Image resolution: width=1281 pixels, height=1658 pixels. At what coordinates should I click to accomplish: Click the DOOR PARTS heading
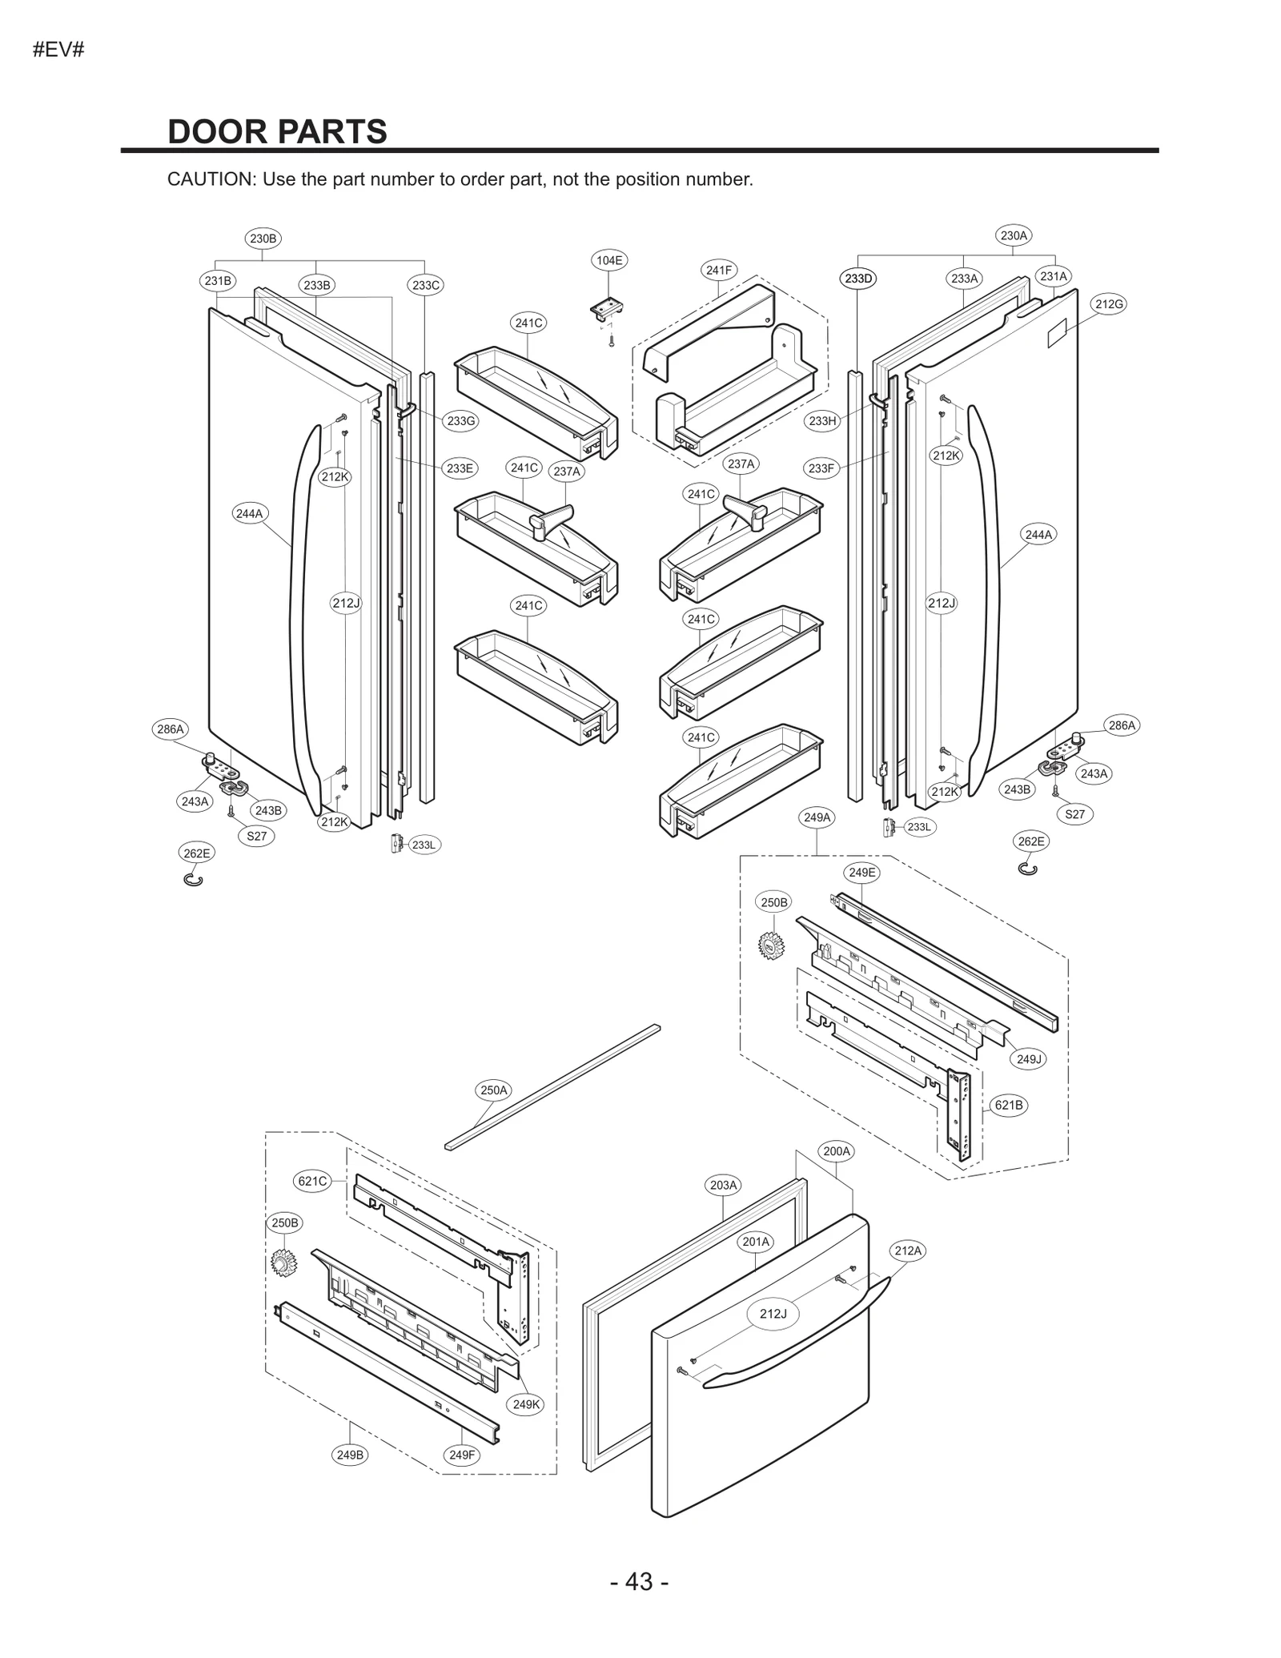[277, 132]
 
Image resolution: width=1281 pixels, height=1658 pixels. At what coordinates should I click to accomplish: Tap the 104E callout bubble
[609, 260]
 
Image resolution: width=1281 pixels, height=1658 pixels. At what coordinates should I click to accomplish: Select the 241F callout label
[719, 271]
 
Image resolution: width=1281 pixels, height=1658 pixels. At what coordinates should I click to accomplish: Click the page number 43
[639, 1581]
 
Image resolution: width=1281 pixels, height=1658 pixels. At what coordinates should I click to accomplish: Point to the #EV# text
[58, 50]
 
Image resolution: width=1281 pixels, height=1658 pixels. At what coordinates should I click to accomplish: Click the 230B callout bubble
[263, 238]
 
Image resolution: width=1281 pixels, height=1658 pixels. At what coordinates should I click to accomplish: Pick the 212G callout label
[1109, 304]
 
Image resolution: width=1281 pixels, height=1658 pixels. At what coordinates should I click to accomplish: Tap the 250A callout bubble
[493, 1090]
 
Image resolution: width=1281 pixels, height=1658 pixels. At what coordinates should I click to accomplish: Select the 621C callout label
[312, 1181]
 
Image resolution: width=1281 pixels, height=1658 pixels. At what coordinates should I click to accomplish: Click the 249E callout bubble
[861, 873]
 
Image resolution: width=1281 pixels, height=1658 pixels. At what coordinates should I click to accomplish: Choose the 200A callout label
[837, 1151]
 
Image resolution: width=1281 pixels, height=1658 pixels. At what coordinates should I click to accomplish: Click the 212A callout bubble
[908, 1251]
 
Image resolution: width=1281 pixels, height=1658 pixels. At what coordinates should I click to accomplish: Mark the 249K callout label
[526, 1404]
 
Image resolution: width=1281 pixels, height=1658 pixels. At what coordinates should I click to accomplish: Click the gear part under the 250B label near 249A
[771, 945]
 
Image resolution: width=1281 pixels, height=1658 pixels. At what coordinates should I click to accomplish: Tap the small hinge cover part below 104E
[608, 311]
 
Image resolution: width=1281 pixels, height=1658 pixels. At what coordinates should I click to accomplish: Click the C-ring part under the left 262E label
[194, 880]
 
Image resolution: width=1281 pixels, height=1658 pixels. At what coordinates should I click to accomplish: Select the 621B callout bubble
[1008, 1106]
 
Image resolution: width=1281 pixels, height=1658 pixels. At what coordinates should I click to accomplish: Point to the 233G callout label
[460, 421]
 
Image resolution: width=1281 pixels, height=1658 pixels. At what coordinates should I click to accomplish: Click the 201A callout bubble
[756, 1242]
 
